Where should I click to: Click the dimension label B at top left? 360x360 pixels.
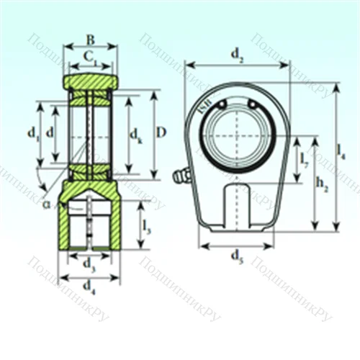pyautogui.click(x=90, y=39)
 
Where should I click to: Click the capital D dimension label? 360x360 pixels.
pyautogui.click(x=163, y=132)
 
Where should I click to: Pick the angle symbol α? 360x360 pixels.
pyautogui.click(x=47, y=204)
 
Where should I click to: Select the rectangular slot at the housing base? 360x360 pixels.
pyautogui.click(x=236, y=205)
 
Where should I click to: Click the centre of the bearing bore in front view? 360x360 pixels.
pyautogui.click(x=236, y=133)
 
